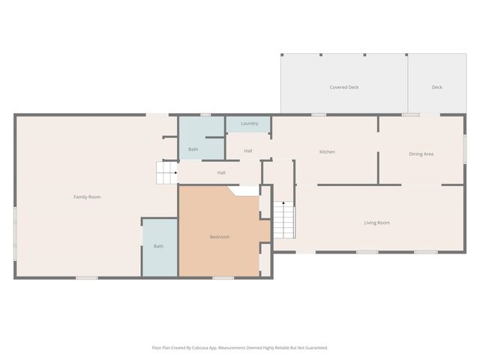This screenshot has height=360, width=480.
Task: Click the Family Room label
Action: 87,196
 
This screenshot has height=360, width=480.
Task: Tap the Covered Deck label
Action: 344,87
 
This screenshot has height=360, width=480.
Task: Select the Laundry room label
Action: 250,123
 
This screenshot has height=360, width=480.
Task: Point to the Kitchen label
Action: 327,151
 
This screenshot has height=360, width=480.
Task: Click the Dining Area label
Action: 421,154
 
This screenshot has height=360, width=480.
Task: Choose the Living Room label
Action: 376,223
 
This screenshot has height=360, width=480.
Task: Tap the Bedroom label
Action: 220,237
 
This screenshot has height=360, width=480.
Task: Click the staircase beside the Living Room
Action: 284,220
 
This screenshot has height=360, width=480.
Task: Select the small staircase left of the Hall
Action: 166,172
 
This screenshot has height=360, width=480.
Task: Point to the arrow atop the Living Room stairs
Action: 283,203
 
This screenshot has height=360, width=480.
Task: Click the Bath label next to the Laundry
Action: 193,149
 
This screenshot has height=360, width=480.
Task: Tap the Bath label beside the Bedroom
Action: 158,246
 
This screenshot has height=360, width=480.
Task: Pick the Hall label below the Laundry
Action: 248,151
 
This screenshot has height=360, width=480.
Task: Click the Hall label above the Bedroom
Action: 221,172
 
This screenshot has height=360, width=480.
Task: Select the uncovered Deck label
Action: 436,87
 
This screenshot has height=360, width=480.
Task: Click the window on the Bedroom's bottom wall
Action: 223,278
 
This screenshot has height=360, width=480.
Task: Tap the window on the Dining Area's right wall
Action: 465,148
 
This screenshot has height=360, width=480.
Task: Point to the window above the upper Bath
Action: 205,115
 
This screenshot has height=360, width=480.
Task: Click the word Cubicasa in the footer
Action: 200,348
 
